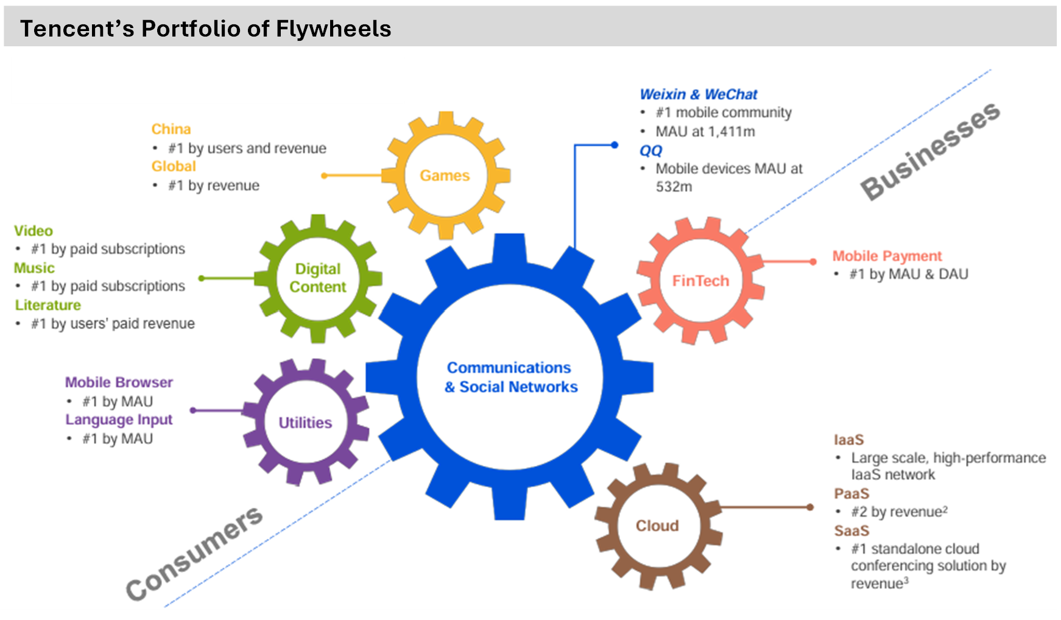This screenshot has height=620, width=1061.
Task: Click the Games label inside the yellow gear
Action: point(445,175)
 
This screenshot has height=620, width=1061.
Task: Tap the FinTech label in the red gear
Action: point(700,281)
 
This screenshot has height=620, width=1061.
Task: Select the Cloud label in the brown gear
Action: point(657,526)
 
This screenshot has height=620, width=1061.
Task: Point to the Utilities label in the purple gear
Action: point(305,423)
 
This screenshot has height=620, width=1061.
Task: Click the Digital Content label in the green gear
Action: point(317,278)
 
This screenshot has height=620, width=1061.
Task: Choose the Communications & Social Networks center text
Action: point(510,377)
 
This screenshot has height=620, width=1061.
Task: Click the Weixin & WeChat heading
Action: point(698,94)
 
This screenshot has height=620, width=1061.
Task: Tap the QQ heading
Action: point(650,150)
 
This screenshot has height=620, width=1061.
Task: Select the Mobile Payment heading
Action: point(887,256)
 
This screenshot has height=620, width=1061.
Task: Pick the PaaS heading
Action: point(851,493)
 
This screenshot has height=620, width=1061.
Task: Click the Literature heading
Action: point(48,305)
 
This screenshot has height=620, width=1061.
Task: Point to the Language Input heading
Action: point(119,420)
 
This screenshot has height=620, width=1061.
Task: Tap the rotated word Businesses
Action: point(929,150)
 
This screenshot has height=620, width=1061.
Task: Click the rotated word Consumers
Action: point(194,553)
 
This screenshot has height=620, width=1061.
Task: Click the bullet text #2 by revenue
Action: point(898,512)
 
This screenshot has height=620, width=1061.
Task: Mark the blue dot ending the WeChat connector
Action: point(615,145)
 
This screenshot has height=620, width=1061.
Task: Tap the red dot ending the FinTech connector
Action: point(812,262)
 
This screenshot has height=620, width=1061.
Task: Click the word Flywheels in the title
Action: point(333,29)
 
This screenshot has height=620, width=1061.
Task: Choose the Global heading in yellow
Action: point(174,166)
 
